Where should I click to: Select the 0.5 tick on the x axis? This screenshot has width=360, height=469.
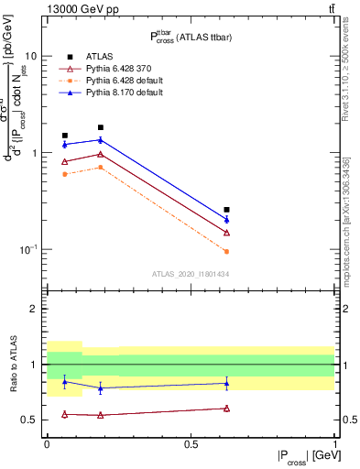point(191,444)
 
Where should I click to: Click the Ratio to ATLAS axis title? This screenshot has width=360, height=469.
point(13,364)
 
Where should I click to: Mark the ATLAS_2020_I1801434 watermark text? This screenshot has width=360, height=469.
point(190,274)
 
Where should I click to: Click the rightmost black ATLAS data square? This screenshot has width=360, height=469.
point(226,210)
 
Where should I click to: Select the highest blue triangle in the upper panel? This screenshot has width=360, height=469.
point(100,139)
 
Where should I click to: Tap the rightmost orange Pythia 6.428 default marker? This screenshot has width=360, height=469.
point(226,251)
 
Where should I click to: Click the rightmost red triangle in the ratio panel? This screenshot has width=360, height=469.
point(226,409)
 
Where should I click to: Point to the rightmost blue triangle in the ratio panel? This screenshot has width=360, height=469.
point(226,383)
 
